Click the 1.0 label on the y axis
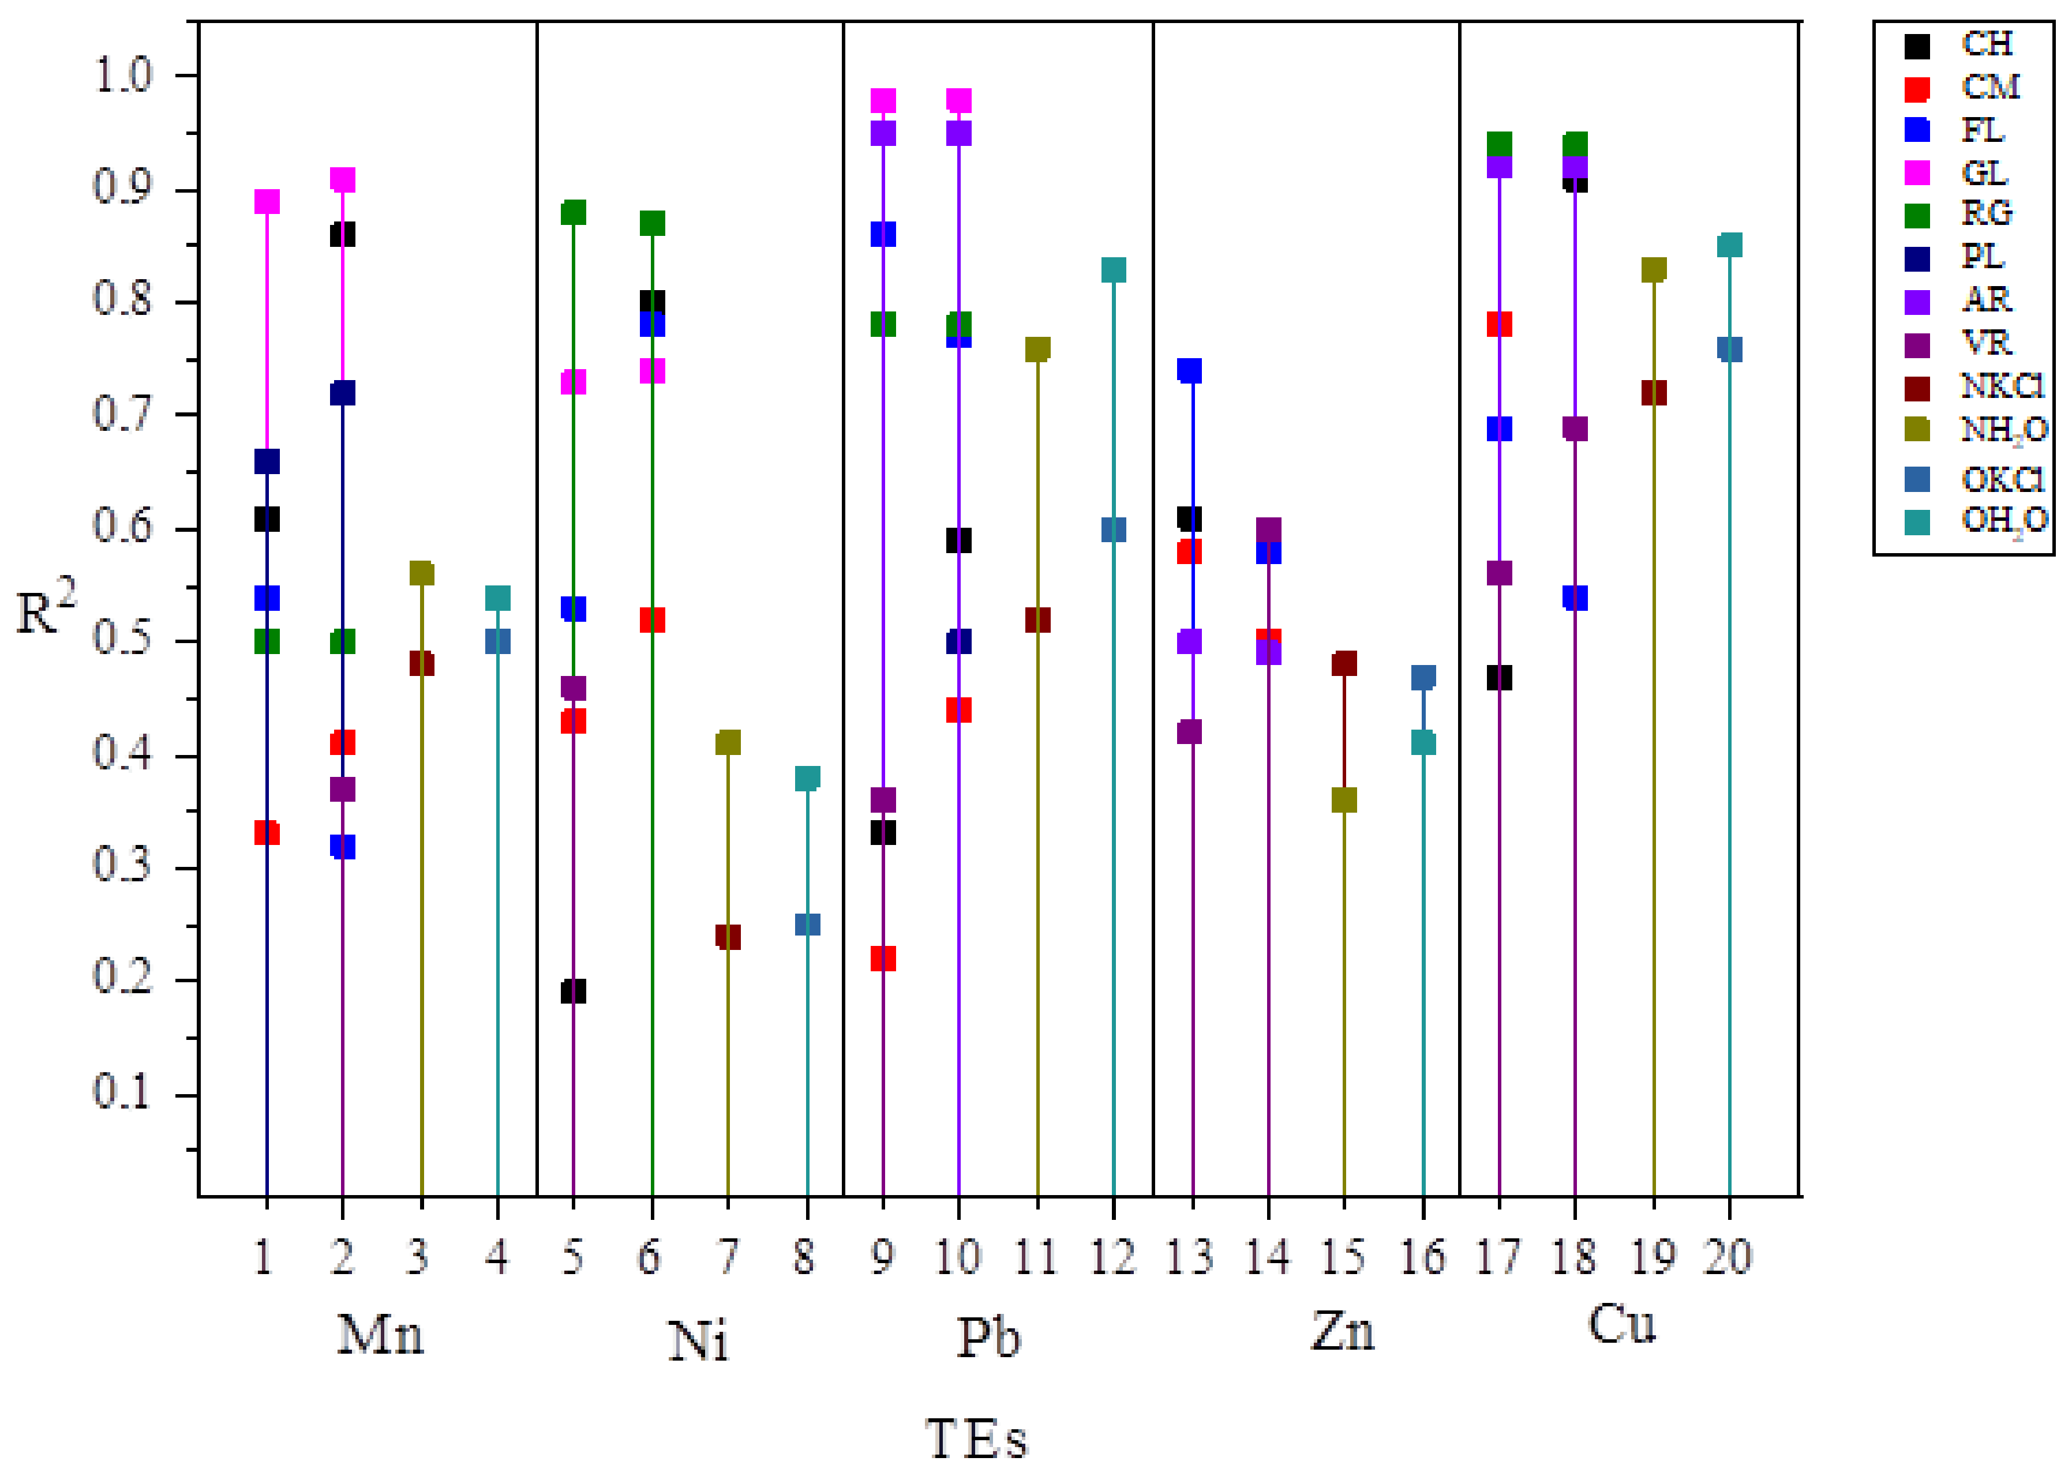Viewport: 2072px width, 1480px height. [122, 75]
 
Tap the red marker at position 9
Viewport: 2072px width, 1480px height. [882, 959]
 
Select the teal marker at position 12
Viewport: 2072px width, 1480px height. [1113, 270]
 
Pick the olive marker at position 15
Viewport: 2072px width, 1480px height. [1344, 800]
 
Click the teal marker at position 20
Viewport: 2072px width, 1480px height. [1729, 245]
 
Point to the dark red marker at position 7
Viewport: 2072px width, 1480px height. [728, 937]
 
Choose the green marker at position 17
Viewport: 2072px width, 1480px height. [1498, 144]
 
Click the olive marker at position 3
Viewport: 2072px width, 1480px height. [421, 573]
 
